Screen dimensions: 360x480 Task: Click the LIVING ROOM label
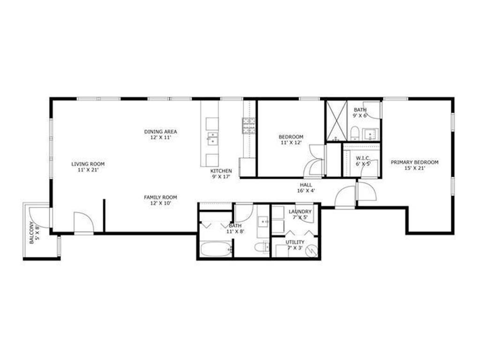click(88, 164)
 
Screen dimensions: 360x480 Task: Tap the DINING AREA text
click(160, 132)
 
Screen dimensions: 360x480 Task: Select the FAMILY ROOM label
click(160, 197)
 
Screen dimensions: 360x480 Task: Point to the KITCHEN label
click(221, 171)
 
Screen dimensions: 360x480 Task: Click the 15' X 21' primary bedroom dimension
click(414, 168)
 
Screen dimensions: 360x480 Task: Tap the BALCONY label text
click(32, 233)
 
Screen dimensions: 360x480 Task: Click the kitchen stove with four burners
click(248, 126)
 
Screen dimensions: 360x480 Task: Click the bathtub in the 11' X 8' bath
click(216, 249)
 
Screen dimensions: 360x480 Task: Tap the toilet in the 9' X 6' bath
click(355, 132)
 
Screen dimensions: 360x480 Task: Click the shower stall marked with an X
click(337, 120)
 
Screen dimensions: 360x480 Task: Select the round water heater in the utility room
click(311, 251)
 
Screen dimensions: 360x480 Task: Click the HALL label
click(306, 185)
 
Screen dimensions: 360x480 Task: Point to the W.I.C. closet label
click(364, 158)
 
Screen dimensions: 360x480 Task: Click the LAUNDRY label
click(300, 212)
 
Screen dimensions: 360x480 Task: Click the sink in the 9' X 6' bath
click(372, 135)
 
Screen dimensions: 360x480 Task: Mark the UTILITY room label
click(295, 242)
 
